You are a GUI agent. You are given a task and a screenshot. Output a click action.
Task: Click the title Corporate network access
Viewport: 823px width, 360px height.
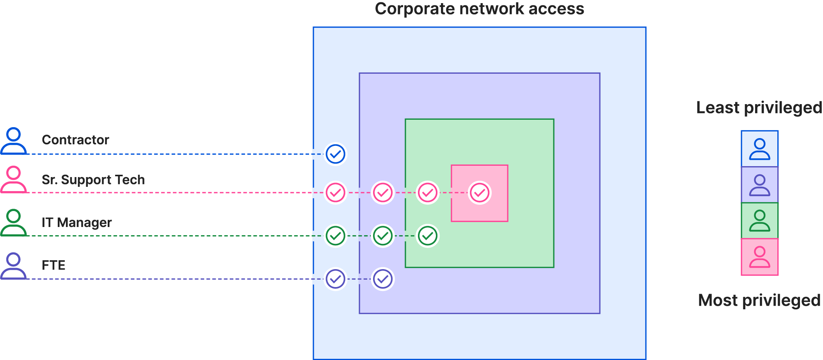click(479, 9)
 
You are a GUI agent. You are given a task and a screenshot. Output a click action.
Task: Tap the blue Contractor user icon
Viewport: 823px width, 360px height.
click(14, 141)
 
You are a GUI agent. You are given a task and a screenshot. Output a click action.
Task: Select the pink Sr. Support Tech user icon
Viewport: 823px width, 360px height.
click(14, 179)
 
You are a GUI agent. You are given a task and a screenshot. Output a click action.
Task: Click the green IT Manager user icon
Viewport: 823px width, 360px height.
click(14, 223)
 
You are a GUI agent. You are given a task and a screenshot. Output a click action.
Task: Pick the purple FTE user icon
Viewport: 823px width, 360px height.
click(14, 266)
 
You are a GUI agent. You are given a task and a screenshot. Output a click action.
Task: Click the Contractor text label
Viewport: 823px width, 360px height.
click(75, 140)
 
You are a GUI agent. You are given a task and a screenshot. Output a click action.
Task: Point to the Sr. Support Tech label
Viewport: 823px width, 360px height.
click(93, 180)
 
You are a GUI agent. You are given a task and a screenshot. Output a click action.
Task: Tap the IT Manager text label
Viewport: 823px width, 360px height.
click(77, 223)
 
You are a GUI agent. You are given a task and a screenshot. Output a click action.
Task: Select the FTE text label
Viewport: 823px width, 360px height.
click(53, 266)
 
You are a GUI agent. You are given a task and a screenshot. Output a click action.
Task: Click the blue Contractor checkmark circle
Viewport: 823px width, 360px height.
click(335, 154)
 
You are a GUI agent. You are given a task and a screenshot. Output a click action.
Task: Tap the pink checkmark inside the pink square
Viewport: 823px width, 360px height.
click(479, 193)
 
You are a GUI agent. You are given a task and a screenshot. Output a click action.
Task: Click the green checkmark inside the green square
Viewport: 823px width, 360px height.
click(428, 236)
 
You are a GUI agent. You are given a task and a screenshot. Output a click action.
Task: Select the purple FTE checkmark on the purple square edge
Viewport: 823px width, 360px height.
click(383, 279)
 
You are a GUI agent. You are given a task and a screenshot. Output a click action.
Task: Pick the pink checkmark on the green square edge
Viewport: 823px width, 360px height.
click(428, 193)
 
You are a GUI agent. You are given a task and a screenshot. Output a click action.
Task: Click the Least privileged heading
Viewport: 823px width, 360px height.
click(759, 108)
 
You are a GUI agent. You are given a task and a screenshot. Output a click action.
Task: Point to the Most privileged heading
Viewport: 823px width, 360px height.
click(759, 300)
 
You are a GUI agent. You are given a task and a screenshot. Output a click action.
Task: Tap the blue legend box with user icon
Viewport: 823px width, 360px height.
click(759, 149)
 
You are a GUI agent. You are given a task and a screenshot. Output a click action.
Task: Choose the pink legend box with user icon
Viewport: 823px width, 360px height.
click(759, 257)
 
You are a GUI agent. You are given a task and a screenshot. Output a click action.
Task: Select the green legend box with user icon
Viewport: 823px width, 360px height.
click(759, 221)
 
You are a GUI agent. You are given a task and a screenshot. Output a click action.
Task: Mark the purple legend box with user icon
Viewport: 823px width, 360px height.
click(759, 185)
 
